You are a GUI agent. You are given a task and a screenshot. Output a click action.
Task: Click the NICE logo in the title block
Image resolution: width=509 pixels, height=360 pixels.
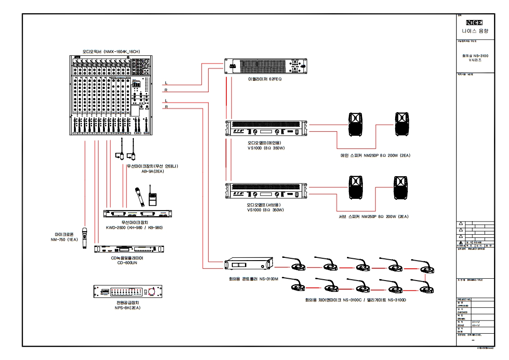474,22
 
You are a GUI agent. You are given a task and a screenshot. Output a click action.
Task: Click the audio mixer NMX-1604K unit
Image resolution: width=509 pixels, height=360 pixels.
111,95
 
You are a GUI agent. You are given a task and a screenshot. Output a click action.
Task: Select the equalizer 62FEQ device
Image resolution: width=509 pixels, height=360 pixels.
266,67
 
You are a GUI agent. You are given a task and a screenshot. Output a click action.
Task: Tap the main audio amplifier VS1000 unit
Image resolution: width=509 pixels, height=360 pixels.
266,128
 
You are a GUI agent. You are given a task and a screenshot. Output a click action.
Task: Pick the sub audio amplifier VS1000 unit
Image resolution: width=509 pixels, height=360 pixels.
266,191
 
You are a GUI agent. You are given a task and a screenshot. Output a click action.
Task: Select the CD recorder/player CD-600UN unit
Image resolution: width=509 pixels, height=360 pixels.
129,249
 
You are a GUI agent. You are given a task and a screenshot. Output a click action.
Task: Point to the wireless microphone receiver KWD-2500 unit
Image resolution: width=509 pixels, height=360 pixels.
138,214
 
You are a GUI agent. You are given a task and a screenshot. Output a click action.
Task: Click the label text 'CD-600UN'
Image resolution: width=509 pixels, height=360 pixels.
127,263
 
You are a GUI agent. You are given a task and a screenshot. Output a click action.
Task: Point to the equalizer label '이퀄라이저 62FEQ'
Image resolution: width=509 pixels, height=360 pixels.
265,79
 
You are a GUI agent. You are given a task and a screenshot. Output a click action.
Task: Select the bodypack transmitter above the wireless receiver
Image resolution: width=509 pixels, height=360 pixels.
153,199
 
